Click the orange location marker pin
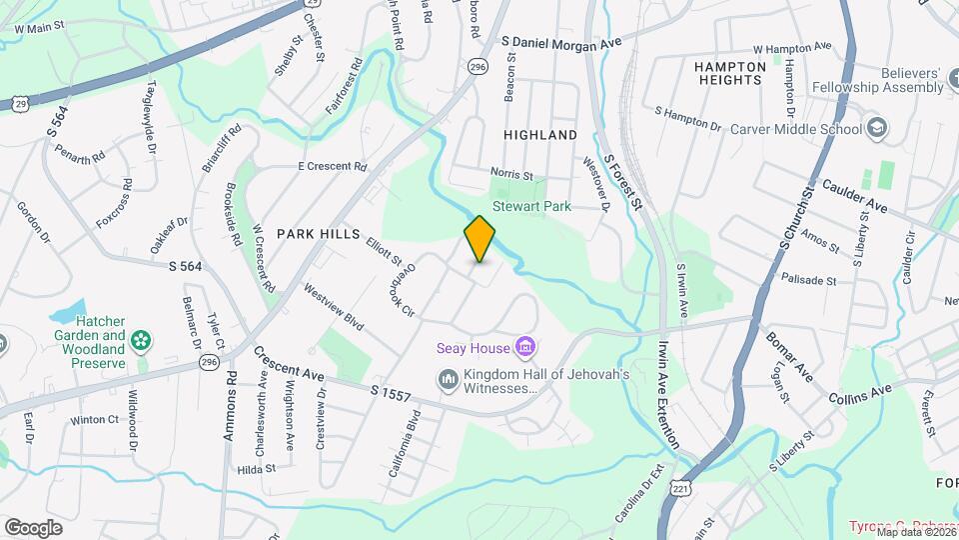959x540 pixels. pyautogui.click(x=479, y=239)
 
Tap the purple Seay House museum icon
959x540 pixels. pyautogui.click(x=524, y=348)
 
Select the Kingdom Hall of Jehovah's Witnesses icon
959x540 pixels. pyautogui.click(x=448, y=381)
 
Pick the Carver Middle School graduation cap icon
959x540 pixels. pyautogui.click(x=876, y=128)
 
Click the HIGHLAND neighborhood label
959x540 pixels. pyautogui.click(x=540, y=134)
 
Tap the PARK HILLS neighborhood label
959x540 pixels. pyautogui.click(x=318, y=233)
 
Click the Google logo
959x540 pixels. pyautogui.click(x=33, y=527)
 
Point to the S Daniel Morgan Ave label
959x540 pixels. pyautogui.click(x=561, y=42)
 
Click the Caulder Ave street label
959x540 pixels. pyautogui.click(x=854, y=195)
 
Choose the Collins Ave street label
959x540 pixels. pyautogui.click(x=859, y=393)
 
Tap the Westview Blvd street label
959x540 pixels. pyautogui.click(x=334, y=308)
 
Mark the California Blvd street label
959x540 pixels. pyautogui.click(x=403, y=455)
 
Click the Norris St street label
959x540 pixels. pyautogui.click(x=512, y=173)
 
